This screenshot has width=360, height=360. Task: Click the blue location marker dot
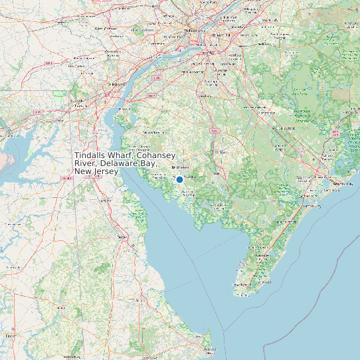click(179, 179)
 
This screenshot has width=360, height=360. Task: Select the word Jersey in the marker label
click(107, 171)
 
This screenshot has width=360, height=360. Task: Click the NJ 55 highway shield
click(214, 131)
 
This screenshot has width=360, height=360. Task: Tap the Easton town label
click(11, 337)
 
